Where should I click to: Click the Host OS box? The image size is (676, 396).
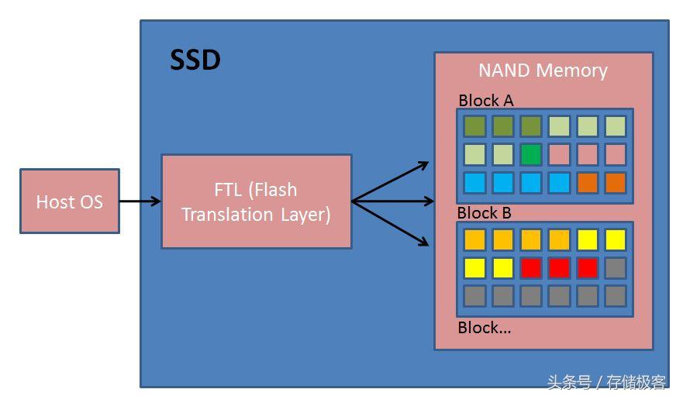70,201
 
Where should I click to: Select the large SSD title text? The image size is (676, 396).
195,60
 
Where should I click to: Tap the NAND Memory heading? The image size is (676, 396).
543,71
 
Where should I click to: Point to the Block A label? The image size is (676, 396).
486,101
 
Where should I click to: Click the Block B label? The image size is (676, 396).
485,213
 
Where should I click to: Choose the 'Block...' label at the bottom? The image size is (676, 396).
485,328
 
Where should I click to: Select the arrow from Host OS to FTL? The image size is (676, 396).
140,201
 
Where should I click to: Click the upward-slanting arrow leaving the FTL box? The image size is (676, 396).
390,181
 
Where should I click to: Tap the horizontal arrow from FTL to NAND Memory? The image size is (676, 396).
393,201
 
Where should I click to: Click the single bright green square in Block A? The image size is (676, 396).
531,155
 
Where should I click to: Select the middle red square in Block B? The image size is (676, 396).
559,268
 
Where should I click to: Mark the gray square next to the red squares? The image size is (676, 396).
616,268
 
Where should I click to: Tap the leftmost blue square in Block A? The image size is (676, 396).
474,183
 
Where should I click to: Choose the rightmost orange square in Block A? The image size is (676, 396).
616,183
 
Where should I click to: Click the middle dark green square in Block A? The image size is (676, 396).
502,126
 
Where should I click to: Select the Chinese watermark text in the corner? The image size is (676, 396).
606,382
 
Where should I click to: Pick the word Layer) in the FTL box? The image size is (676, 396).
305,215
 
